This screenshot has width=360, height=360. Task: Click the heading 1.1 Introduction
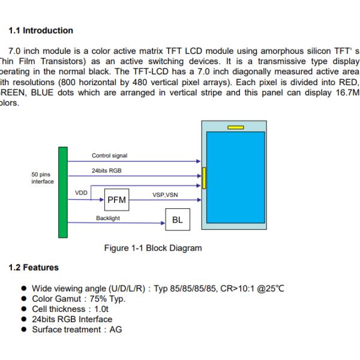click(x=41, y=31)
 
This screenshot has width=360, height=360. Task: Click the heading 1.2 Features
click(x=34, y=267)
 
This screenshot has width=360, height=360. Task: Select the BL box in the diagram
click(x=177, y=220)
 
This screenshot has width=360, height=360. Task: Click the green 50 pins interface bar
click(x=62, y=192)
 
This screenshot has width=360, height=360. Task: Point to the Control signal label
click(x=109, y=155)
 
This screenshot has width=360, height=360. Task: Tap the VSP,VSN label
click(x=165, y=194)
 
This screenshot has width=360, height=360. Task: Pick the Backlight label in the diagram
click(x=108, y=218)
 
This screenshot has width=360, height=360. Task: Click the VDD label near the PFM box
click(x=82, y=193)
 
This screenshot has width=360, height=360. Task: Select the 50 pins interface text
click(x=42, y=178)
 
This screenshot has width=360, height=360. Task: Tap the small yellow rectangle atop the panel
click(x=235, y=127)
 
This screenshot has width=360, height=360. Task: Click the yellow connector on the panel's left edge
click(x=204, y=178)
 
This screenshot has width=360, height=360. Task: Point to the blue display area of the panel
click(x=235, y=177)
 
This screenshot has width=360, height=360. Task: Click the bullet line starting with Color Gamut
click(x=79, y=298)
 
